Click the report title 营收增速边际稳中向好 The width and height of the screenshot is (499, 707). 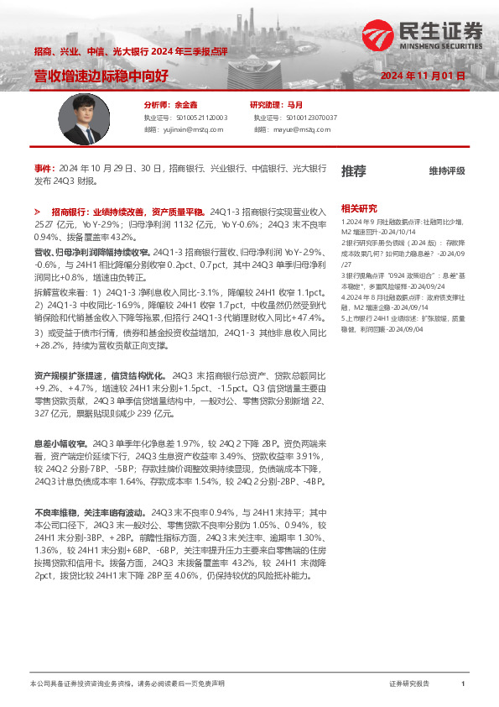pyautogui.click(x=101, y=76)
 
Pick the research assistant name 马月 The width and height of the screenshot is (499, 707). pyautogui.click(x=295, y=105)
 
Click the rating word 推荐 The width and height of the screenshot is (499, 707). pyautogui.click(x=353, y=171)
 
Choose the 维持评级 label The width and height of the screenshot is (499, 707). pyautogui.click(x=447, y=171)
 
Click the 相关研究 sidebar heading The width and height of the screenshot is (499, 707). pyautogui.click(x=358, y=207)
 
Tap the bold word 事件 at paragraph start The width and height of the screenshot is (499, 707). pyautogui.click(x=43, y=168)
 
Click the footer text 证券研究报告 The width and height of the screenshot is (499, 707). pyautogui.click(x=409, y=684)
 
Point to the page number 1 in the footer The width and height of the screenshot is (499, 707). pyautogui.click(x=462, y=684)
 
